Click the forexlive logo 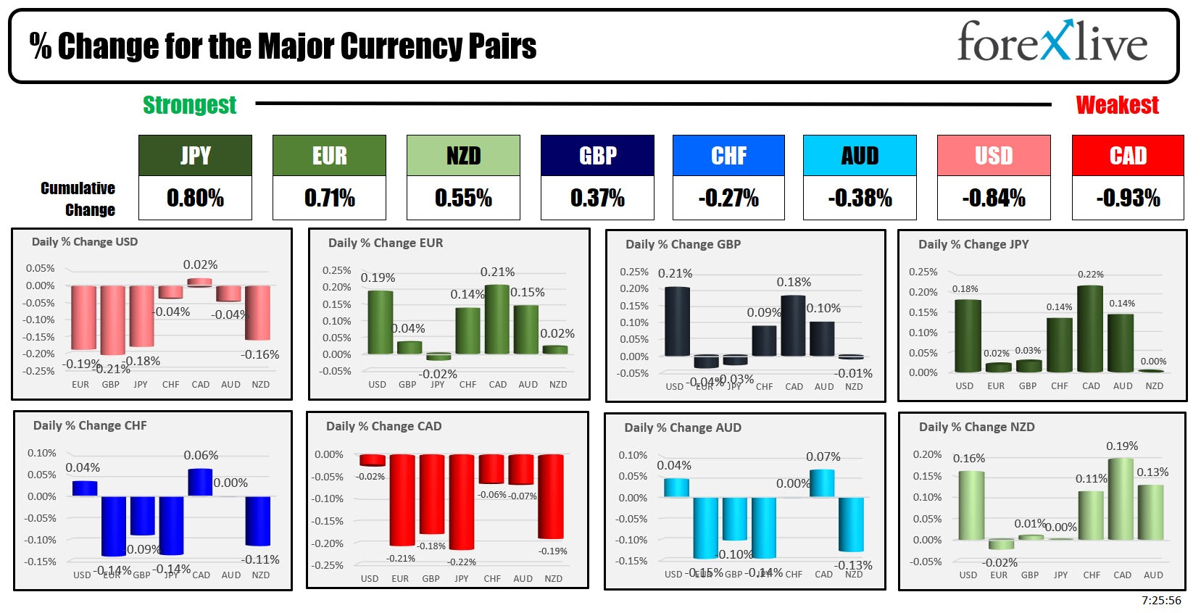[x=1052, y=42]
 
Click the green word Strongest [x=189, y=105]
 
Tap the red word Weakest [x=1117, y=105]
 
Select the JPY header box [x=195, y=155]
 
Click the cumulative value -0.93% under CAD [x=1128, y=198]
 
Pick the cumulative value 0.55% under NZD [x=463, y=198]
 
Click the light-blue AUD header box [x=860, y=155]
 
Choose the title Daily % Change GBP [x=683, y=244]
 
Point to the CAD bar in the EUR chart [x=497, y=319]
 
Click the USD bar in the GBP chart [x=677, y=321]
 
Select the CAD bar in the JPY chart [x=1090, y=329]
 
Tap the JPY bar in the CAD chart [x=461, y=501]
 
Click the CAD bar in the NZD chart [x=1121, y=499]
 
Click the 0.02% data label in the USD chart [x=200, y=265]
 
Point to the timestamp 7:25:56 [x=1160, y=601]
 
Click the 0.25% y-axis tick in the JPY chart [x=923, y=272]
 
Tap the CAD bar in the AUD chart [x=822, y=483]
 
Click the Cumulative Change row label [x=78, y=199]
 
